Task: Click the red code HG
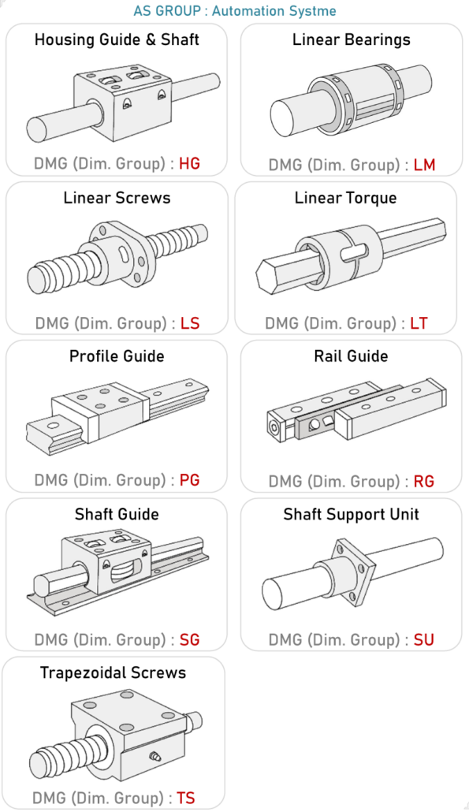point(189,164)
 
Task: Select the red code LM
point(425,166)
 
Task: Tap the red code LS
point(190,323)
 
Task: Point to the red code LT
point(419,323)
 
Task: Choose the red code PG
point(189,480)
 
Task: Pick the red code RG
point(424,482)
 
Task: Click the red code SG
point(189,639)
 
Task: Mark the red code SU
point(424,640)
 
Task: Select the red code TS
point(186,798)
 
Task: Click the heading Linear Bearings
point(351,40)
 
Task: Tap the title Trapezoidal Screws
point(113,672)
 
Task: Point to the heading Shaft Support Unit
point(351,515)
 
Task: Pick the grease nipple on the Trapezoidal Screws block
point(154,757)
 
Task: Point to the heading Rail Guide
point(351,356)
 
